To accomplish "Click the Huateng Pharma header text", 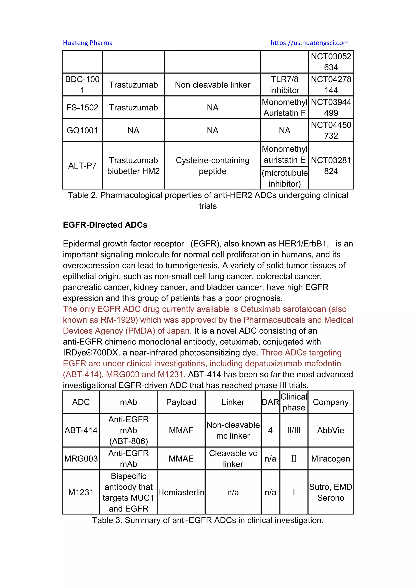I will [x=88, y=43].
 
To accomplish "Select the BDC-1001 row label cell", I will [x=82, y=85].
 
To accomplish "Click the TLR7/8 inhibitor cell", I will [x=285, y=85].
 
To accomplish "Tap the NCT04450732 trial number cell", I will [x=331, y=130].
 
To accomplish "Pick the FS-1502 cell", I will [x=82, y=108].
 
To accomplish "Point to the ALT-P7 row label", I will [x=82, y=166].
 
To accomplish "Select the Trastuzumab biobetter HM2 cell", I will [x=133, y=166].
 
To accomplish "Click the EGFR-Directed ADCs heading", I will [x=105, y=225].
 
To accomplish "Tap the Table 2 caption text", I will [x=208, y=201].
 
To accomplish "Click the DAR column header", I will [x=270, y=402].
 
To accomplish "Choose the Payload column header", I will [x=181, y=402].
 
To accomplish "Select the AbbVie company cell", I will [x=330, y=430].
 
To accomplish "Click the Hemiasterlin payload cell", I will [x=181, y=492].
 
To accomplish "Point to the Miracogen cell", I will [x=330, y=459].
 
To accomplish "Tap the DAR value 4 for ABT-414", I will [x=270, y=430].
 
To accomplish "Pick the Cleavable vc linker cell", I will [x=233, y=459].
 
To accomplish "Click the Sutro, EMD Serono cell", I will [x=330, y=492].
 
